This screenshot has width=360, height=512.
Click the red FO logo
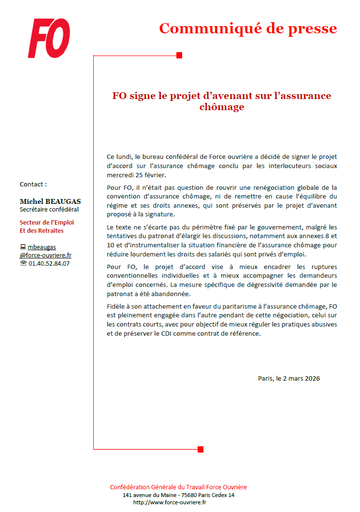(49, 38)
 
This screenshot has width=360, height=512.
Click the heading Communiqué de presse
(248, 28)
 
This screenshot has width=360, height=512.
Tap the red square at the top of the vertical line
(179, 56)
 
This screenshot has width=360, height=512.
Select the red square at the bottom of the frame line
(201, 449)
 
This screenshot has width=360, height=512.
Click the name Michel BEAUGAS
(50, 201)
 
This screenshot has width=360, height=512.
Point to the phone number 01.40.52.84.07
(49, 264)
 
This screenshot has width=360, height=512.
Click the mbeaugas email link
(41, 247)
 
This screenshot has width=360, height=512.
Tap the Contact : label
(33, 184)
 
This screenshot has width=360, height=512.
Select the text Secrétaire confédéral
(49, 210)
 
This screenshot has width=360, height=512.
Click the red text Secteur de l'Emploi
(46, 223)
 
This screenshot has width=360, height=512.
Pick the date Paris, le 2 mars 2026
(288, 378)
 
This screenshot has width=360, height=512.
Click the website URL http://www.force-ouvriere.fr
(170, 502)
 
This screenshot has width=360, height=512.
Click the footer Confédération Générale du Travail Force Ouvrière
(178, 487)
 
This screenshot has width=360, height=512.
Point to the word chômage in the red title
(222, 107)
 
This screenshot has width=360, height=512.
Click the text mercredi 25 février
(136, 175)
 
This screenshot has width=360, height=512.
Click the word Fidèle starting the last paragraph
(116, 306)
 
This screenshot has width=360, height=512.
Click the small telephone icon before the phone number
(23, 264)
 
